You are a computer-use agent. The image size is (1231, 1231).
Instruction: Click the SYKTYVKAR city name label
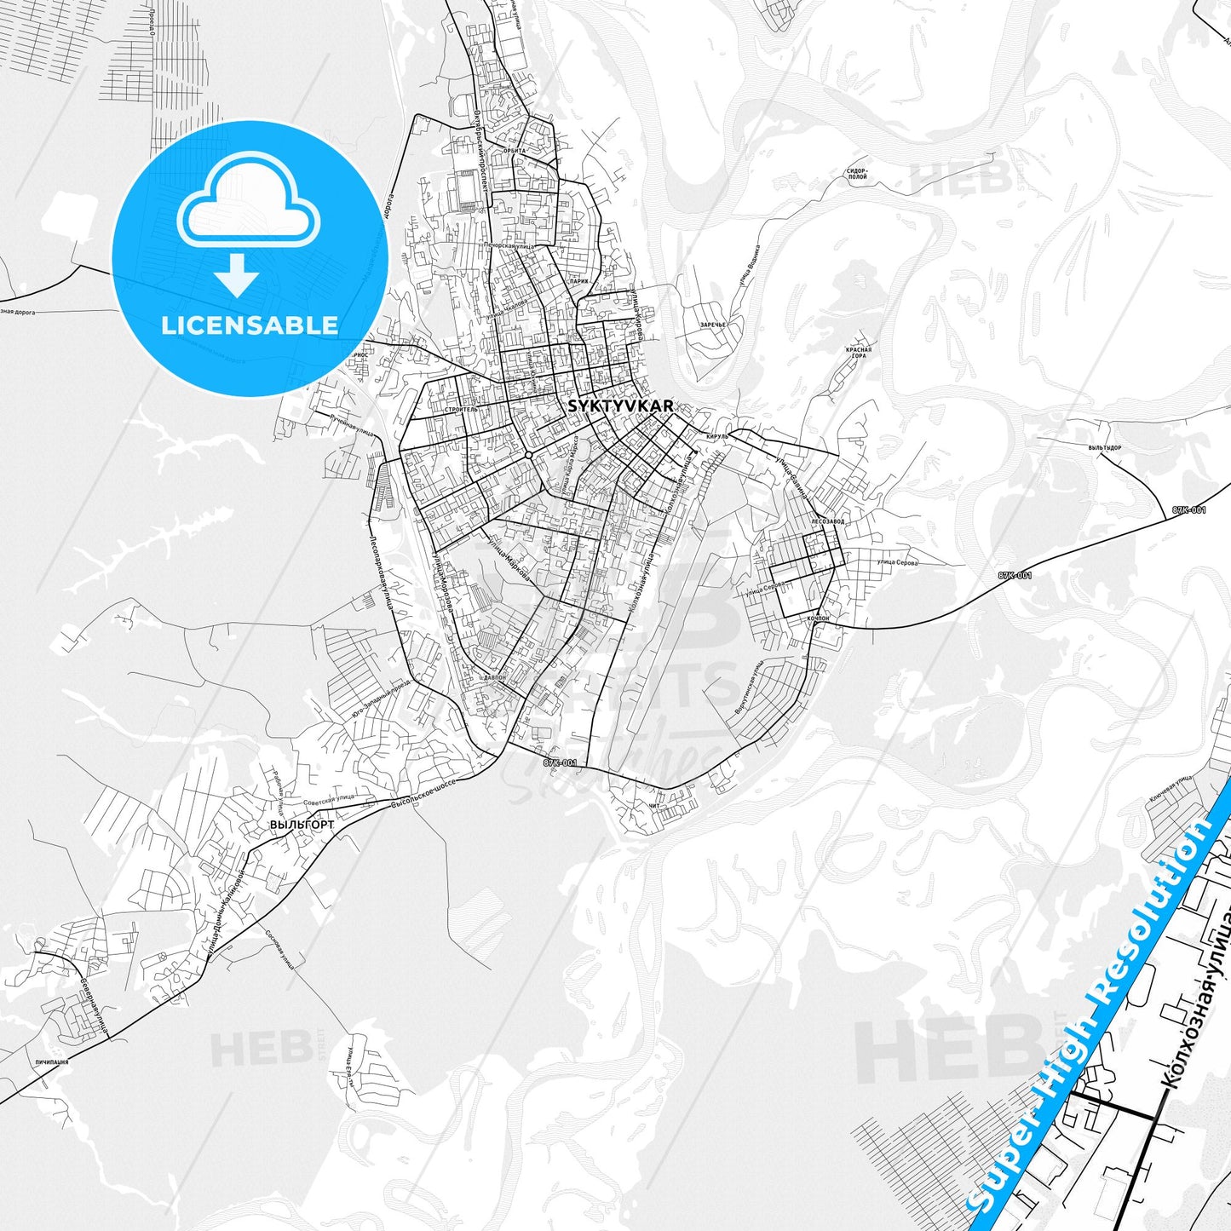point(620,406)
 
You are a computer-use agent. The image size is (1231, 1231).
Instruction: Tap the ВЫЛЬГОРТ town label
point(302,825)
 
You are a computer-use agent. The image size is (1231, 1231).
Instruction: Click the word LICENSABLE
point(250,325)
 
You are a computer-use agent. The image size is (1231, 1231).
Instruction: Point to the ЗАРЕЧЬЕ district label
point(712,325)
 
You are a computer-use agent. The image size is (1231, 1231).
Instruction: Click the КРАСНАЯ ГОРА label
point(858,353)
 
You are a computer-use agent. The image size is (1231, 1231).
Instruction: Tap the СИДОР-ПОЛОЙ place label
point(856,175)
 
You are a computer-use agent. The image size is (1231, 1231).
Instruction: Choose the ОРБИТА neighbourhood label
point(515,151)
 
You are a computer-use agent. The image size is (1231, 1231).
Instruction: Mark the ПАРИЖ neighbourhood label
point(579,280)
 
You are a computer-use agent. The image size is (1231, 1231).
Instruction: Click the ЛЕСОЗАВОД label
point(827,521)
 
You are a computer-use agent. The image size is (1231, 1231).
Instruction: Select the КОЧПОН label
point(816,618)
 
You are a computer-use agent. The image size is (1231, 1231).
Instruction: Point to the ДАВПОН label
point(494,678)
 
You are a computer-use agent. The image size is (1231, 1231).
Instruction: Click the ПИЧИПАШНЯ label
point(52,1063)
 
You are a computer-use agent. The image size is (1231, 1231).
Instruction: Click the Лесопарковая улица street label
point(380,571)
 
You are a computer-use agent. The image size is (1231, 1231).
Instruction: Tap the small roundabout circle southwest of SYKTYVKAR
point(529,456)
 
